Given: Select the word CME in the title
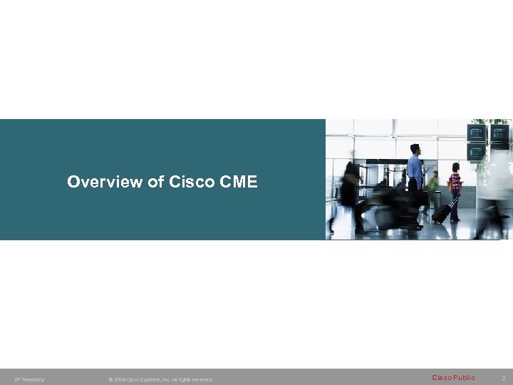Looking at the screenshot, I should click(239, 183).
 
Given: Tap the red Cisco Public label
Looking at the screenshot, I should click(453, 378).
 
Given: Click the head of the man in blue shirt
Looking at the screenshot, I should click(415, 148).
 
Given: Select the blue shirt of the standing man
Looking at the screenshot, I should click(415, 170).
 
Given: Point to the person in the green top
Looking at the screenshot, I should click(433, 182).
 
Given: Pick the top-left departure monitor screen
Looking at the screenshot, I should click(476, 133).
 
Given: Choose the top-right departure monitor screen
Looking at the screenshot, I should click(500, 133).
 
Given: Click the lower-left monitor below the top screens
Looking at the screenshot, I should click(476, 152).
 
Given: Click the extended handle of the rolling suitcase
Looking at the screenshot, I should click(453, 202).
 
